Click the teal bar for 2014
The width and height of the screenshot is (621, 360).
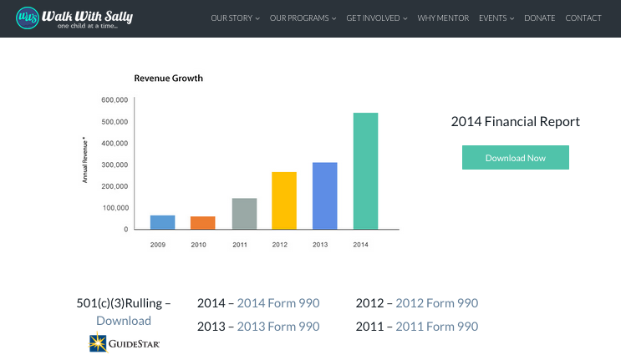click(365, 170)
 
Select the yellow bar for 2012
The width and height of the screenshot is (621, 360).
click(284, 200)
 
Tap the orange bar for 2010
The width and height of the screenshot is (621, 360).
click(202, 222)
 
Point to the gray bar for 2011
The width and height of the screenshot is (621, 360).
click(243, 213)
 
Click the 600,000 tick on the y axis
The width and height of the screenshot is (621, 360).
click(114, 100)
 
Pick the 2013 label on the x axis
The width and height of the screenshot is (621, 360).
click(320, 245)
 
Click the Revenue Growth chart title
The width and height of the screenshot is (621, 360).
click(169, 79)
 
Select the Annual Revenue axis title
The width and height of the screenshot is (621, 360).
click(84, 160)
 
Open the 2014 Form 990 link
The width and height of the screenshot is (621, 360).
click(278, 303)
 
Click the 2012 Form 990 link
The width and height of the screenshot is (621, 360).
click(436, 303)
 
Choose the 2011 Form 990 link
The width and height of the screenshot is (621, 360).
click(436, 327)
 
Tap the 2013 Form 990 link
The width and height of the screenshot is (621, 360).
click(278, 327)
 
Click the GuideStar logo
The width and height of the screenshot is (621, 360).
click(124, 342)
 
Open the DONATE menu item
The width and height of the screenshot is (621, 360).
click(539, 18)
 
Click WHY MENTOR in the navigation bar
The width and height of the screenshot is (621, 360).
click(443, 18)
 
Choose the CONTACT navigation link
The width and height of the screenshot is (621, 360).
click(583, 18)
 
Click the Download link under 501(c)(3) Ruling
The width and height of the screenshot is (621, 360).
click(124, 321)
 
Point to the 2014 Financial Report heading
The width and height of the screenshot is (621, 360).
click(515, 121)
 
